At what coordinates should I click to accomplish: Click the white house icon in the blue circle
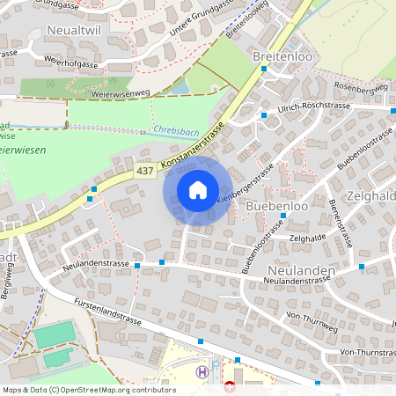[197, 189]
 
